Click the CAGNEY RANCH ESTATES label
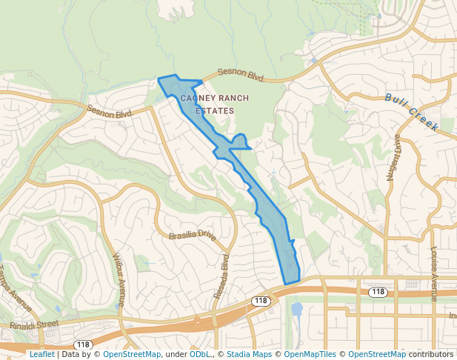pos(215,104)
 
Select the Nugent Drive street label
pos(393,158)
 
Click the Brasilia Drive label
pos(191,236)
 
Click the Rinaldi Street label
pos(33,324)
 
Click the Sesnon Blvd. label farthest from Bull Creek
pos(110,110)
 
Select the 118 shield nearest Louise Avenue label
pos(378,293)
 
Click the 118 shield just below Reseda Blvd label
pos(260,301)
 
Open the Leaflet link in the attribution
pos(42,354)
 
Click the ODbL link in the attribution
pos(200,354)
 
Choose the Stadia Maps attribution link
pos(249,354)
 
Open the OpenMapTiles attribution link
pos(310,354)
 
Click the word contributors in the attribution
pos(431,354)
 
